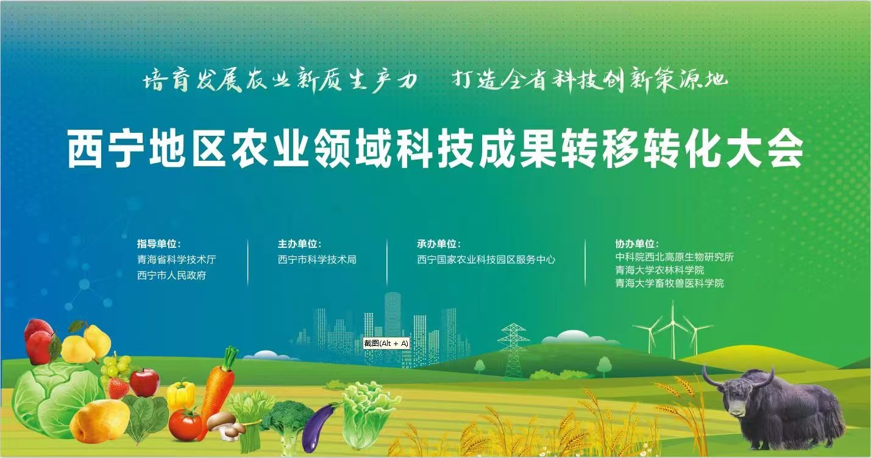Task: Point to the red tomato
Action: coord(185,425)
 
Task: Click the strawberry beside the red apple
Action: coord(118,388)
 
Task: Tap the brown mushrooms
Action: coord(226,425)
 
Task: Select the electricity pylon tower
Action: coord(513,350)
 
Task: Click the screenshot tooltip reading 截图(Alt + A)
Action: coord(386,343)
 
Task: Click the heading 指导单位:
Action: coord(158,244)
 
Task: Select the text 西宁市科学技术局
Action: coord(317,259)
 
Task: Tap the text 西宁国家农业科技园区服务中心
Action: coord(486,259)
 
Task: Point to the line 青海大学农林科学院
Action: coord(659,270)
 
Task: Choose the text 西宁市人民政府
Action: coord(171,275)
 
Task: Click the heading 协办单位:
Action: coord(637,244)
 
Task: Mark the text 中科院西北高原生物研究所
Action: coord(674,257)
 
